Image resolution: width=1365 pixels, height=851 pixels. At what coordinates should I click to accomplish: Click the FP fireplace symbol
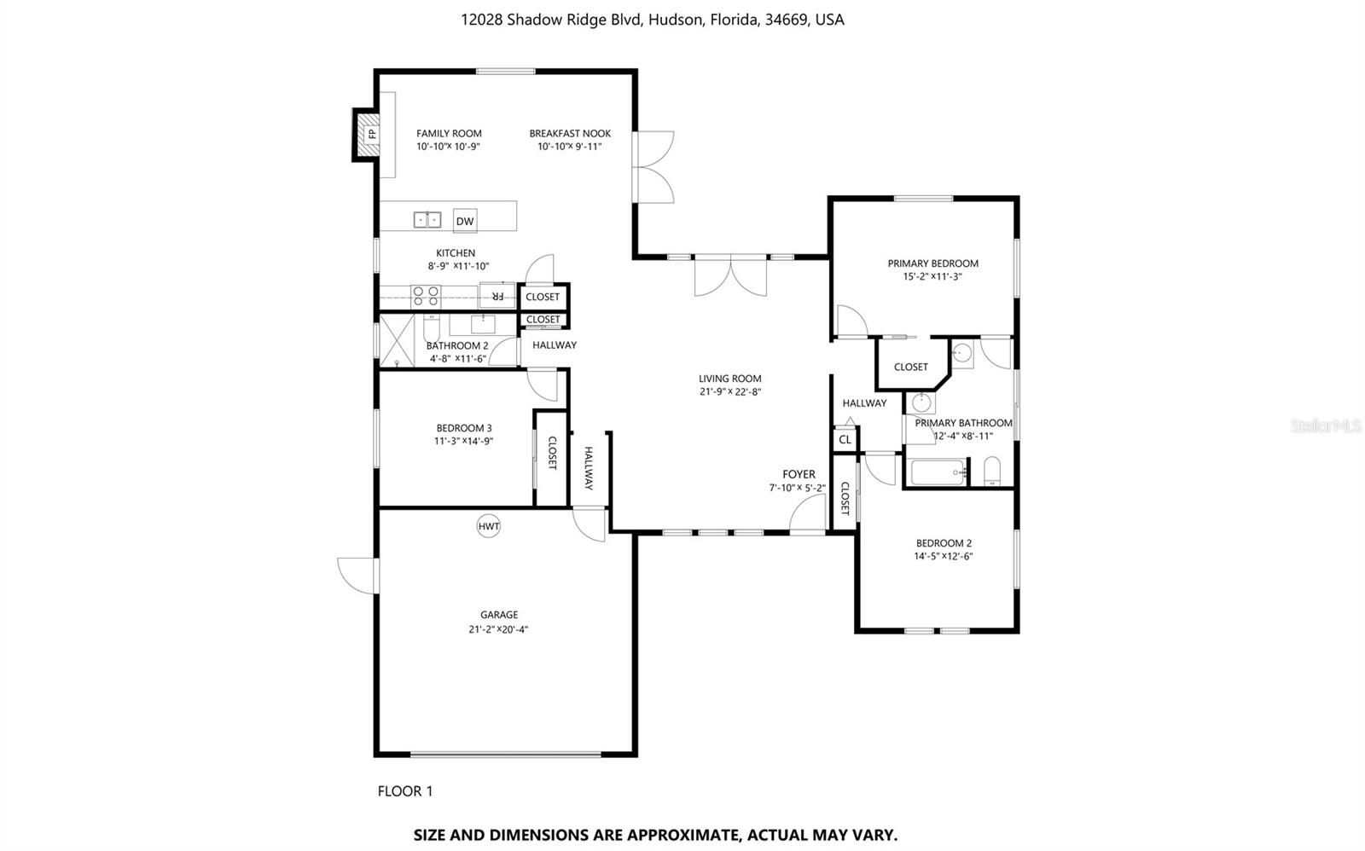[x=371, y=134]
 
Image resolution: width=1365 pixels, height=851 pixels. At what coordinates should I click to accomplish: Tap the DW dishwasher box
[x=465, y=222]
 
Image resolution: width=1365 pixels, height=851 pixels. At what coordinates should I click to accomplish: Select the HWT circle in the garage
[x=489, y=526]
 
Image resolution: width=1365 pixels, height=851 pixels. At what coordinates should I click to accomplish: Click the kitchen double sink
[x=427, y=220]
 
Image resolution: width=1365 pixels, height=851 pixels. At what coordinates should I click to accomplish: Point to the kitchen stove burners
[x=426, y=296]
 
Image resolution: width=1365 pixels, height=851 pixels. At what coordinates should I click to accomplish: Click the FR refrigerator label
[x=497, y=296]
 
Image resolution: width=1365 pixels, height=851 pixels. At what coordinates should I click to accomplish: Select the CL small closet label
[x=845, y=440]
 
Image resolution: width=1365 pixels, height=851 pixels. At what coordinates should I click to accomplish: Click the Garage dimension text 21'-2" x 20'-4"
[x=499, y=629]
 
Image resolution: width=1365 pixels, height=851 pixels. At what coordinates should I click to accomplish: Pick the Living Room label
[x=729, y=379]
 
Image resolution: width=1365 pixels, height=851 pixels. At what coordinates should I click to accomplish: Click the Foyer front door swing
[x=805, y=514]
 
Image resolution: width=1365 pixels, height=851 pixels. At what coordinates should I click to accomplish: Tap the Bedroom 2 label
[x=944, y=543]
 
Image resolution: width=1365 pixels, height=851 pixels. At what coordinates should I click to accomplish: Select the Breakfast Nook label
[x=570, y=133]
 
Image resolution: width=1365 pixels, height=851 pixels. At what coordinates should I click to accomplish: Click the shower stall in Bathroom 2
[x=397, y=340]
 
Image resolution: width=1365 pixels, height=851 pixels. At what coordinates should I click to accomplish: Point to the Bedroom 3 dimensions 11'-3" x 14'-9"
[x=464, y=441]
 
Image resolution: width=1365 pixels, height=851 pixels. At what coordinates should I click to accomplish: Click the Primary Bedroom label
[x=932, y=263]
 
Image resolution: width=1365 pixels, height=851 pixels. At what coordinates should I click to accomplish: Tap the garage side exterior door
[x=357, y=575]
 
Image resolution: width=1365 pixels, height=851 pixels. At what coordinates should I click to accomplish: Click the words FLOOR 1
[x=405, y=791]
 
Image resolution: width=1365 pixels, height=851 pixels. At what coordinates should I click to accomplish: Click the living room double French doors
[x=730, y=276]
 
